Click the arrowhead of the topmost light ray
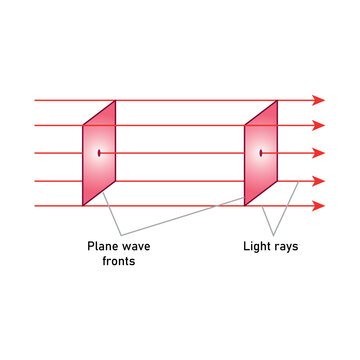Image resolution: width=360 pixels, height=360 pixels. pos(319,100)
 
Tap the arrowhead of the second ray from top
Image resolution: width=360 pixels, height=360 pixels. pos(319,125)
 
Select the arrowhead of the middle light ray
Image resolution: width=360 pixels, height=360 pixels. pos(319,153)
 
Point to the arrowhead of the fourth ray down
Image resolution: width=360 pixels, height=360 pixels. pos(319,181)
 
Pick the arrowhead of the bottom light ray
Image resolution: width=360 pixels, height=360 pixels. pos(319,206)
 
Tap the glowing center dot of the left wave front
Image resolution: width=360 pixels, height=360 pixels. pos(99,153)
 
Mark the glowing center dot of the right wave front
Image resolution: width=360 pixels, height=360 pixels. pos(261,153)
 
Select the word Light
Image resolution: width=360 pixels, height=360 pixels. pos(258,245)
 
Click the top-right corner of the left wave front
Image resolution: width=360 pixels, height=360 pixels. pos(115,101)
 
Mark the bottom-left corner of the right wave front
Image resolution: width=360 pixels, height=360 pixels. pos(245,204)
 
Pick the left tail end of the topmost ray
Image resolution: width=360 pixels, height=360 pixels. pos(36,100)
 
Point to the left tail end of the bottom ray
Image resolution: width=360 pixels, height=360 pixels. pos(36,206)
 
